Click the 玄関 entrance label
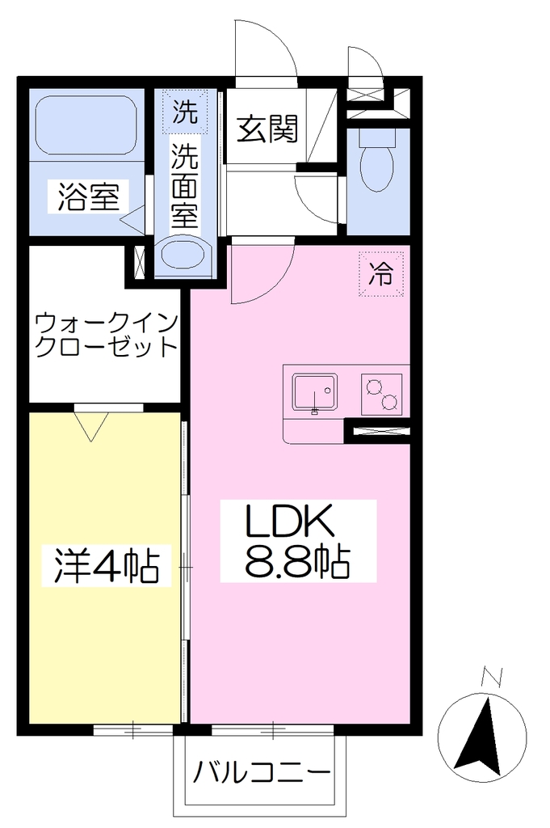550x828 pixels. pyautogui.click(x=267, y=129)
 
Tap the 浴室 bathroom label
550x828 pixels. pyautogui.click(x=89, y=197)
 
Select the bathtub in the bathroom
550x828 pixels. pyautogui.click(x=85, y=125)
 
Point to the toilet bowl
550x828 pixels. pyautogui.click(x=377, y=161)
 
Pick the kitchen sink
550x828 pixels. pyautogui.click(x=315, y=392)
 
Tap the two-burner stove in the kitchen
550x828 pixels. pyautogui.click(x=381, y=394)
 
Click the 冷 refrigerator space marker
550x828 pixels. pyautogui.click(x=381, y=273)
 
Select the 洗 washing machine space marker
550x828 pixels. pyautogui.click(x=185, y=112)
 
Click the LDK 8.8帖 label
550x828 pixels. pyautogui.click(x=297, y=541)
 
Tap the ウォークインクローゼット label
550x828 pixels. pyautogui.click(x=106, y=336)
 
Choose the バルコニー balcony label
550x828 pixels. pyautogui.click(x=261, y=775)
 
